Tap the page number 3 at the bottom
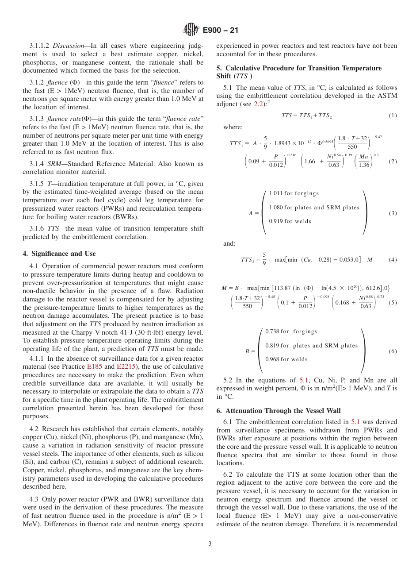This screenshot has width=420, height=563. [x=210, y=544]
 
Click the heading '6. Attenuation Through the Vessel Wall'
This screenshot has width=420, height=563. [x=279, y=411]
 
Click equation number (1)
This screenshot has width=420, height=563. [x=393, y=116]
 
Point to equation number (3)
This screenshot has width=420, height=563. [x=393, y=213]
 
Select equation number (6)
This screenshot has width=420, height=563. [x=393, y=351]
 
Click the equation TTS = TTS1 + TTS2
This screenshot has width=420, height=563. [x=306, y=116]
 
